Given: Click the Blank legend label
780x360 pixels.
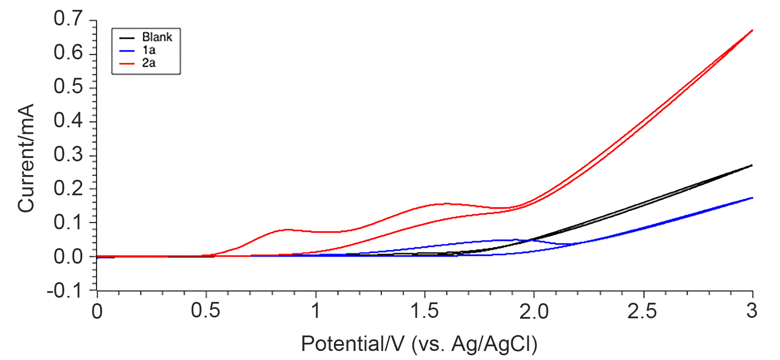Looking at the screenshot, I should pos(157,37).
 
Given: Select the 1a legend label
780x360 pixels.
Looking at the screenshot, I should pos(149,50).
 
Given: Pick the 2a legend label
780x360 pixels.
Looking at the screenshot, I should pos(149,63).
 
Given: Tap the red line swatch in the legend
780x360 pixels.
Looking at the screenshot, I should pos(127,64).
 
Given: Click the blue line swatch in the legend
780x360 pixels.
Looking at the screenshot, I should pos(127,51).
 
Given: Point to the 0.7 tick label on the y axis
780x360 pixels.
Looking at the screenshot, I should pos(68,19).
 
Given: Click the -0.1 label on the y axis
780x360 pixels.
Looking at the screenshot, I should pos(65,291).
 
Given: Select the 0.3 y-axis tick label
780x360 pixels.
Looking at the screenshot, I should pos(68,155).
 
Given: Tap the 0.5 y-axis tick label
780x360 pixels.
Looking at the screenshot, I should pos(68,87).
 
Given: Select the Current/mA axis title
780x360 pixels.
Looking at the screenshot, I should pos(26,158).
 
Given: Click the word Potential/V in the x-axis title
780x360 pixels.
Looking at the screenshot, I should pos(353,344).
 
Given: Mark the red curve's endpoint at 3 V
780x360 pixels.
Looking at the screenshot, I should pos(752,30).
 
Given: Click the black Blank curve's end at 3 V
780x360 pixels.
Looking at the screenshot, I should pos(752,165).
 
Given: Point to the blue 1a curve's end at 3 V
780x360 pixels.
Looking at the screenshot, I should pos(752,198).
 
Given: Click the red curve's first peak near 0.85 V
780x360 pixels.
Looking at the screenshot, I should pos(286,230).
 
